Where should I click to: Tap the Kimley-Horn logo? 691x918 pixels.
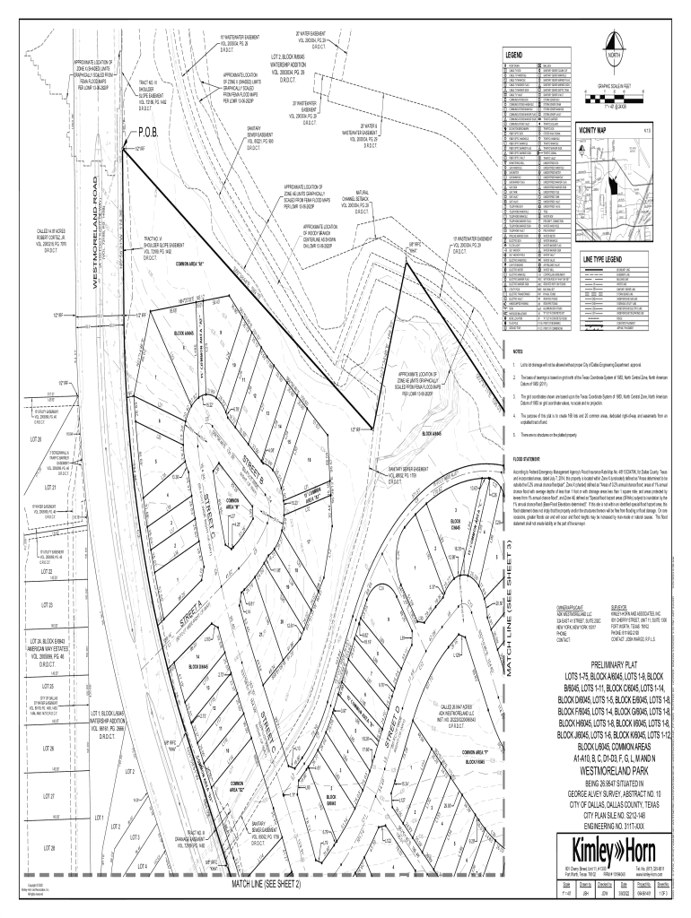click(606, 847)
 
